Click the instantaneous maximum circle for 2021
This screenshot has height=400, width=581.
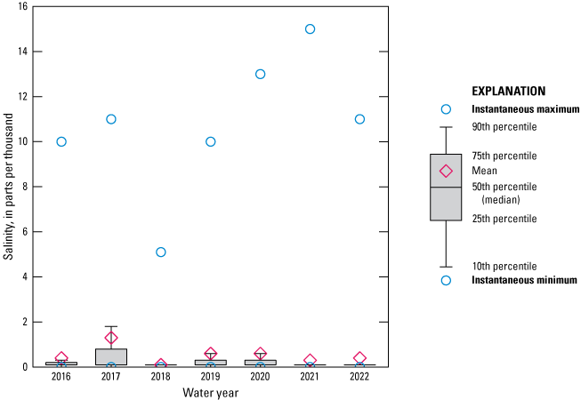(310, 28)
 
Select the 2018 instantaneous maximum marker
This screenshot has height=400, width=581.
(161, 252)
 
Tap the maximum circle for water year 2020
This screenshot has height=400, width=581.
(260, 74)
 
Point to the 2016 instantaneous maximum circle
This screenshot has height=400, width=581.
(61, 141)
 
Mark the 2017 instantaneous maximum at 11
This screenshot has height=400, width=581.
(111, 119)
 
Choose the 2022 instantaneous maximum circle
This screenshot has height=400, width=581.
(359, 119)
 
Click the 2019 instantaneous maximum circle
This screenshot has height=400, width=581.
(210, 141)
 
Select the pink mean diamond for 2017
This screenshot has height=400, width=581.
(111, 338)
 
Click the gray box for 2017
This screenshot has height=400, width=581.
(111, 356)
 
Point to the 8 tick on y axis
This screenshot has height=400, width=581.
(23, 187)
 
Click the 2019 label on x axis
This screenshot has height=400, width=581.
(210, 378)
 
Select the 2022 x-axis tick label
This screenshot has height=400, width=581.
(359, 378)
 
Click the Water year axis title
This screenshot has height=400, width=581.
(210, 392)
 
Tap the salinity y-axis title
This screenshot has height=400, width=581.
(8, 187)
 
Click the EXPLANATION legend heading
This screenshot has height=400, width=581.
(507, 91)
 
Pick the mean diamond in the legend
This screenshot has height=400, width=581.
(446, 171)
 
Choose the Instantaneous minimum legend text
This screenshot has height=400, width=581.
(524, 280)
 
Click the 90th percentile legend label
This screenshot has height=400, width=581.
(504, 127)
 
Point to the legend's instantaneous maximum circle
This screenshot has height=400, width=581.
(446, 109)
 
